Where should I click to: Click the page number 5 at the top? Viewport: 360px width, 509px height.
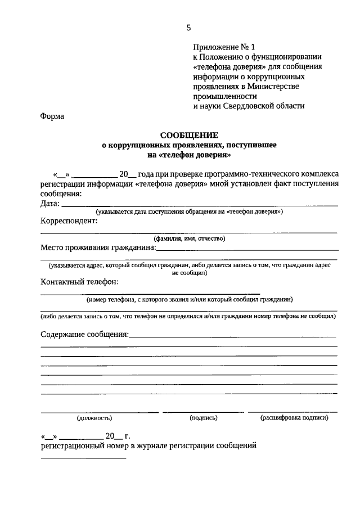pyautogui.click(x=189, y=28)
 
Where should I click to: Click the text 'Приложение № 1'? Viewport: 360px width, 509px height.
pyautogui.click(x=220, y=47)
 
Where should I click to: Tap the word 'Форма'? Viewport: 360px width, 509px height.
pyautogui.click(x=52, y=116)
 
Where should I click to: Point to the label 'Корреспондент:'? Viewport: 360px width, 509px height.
pyautogui.click(x=69, y=222)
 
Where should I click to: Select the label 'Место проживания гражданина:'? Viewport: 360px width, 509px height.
pyautogui.click(x=98, y=247)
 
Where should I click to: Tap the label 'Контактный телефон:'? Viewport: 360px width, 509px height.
pyautogui.click(x=79, y=282)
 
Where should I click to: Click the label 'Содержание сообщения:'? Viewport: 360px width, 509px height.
pyautogui.click(x=84, y=335)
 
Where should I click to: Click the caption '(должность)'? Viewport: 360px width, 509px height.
pyautogui.click(x=94, y=418)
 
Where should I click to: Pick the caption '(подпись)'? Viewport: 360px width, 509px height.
pyautogui.click(x=204, y=418)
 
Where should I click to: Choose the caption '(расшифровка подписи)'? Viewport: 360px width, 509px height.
pyautogui.click(x=294, y=418)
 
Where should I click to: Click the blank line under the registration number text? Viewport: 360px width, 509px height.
pyautogui.click(x=83, y=457)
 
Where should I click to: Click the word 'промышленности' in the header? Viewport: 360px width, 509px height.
pyautogui.click(x=220, y=96)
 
